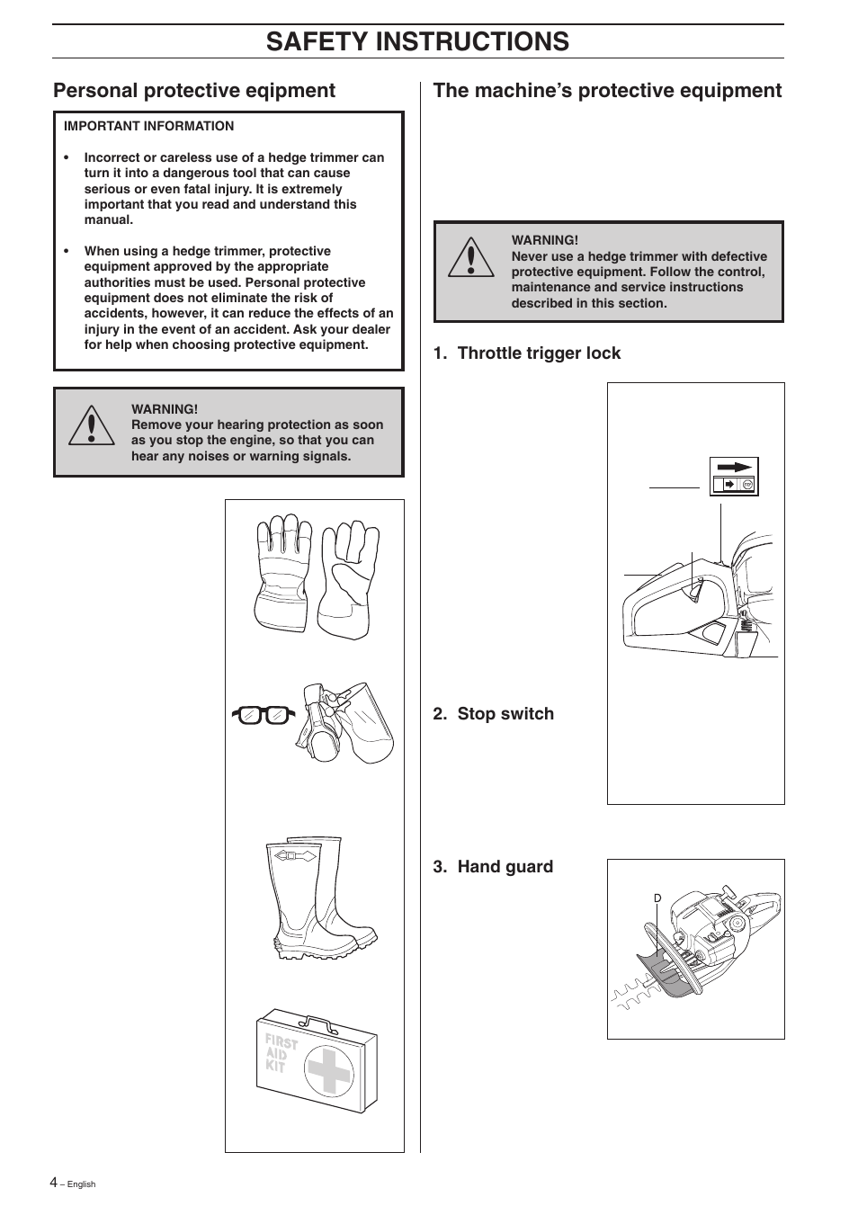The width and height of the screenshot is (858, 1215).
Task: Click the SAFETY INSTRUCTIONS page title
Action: [x=417, y=41]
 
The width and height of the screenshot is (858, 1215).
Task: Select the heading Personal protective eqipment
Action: [x=194, y=91]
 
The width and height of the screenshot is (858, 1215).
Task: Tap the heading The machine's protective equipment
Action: [x=607, y=91]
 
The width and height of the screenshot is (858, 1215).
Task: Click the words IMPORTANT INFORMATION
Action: [x=148, y=127]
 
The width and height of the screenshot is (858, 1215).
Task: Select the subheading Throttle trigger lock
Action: [x=527, y=353]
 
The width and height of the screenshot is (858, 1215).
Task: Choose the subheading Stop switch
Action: [x=494, y=714]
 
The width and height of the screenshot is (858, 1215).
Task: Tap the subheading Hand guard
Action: [x=494, y=867]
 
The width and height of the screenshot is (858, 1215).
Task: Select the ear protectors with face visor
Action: [x=349, y=722]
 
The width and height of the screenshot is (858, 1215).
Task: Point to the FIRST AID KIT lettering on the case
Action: [x=279, y=1053]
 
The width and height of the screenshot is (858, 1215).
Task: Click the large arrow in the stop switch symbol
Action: [x=736, y=468]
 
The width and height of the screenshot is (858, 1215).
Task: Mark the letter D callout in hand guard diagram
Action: [x=657, y=898]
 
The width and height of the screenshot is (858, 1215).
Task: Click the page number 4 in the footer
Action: [x=53, y=1183]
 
